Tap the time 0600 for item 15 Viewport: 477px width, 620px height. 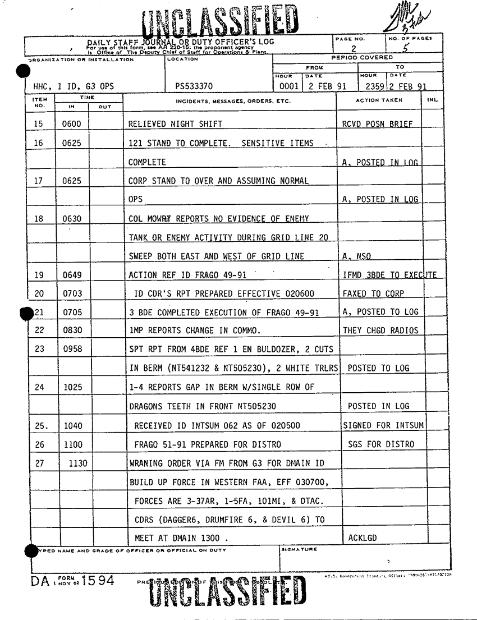[72, 124]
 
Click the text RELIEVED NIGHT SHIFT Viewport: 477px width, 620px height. [175, 124]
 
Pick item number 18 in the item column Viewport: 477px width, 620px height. [39, 219]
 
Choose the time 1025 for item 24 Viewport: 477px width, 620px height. [72, 387]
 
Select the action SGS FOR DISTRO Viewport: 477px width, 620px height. [381, 444]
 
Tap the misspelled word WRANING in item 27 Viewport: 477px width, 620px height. [148, 463]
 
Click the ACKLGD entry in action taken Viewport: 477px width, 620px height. [363, 539]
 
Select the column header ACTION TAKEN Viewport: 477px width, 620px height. [379, 100]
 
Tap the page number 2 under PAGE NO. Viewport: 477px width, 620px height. [354, 48]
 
